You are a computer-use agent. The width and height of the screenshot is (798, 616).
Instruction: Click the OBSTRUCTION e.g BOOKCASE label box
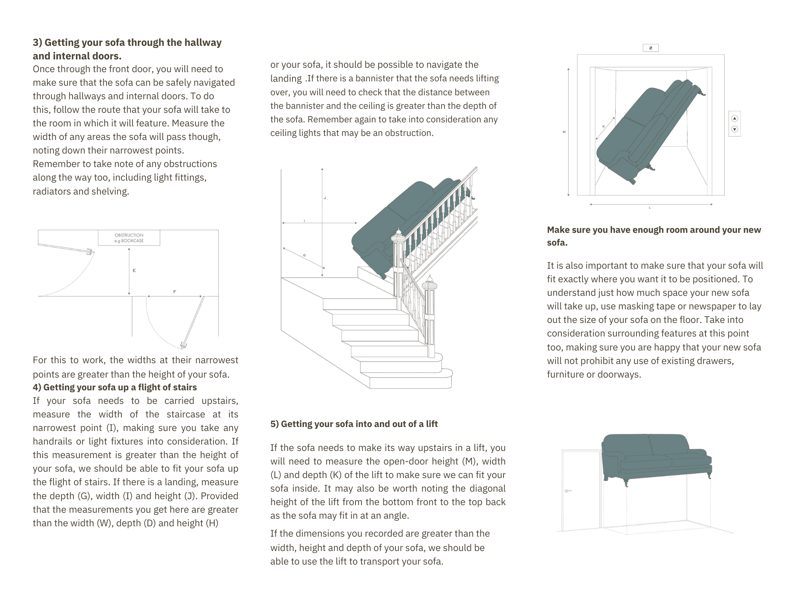pyautogui.click(x=129, y=238)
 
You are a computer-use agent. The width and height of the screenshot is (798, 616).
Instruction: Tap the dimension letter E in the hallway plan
pyautogui.click(x=134, y=271)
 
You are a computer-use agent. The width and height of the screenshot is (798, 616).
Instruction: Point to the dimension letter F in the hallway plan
pyautogui.click(x=175, y=292)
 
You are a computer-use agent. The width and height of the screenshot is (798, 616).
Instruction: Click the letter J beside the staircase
pyautogui.click(x=325, y=198)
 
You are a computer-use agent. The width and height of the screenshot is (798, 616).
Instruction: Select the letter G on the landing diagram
pyautogui.click(x=304, y=255)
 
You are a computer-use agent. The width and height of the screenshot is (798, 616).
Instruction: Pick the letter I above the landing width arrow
pyautogui.click(x=304, y=220)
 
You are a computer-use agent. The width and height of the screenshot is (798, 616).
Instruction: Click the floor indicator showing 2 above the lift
pyautogui.click(x=650, y=48)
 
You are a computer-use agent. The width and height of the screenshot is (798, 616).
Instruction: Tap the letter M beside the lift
pyautogui.click(x=564, y=132)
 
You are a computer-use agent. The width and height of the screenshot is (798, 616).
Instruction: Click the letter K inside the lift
pyautogui.click(x=604, y=126)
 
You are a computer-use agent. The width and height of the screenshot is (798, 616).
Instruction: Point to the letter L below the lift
pyautogui.click(x=650, y=208)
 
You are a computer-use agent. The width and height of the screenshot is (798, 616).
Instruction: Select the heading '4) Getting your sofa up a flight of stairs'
pyautogui.click(x=115, y=387)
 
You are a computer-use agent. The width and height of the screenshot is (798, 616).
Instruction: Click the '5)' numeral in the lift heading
pyautogui.click(x=275, y=424)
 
